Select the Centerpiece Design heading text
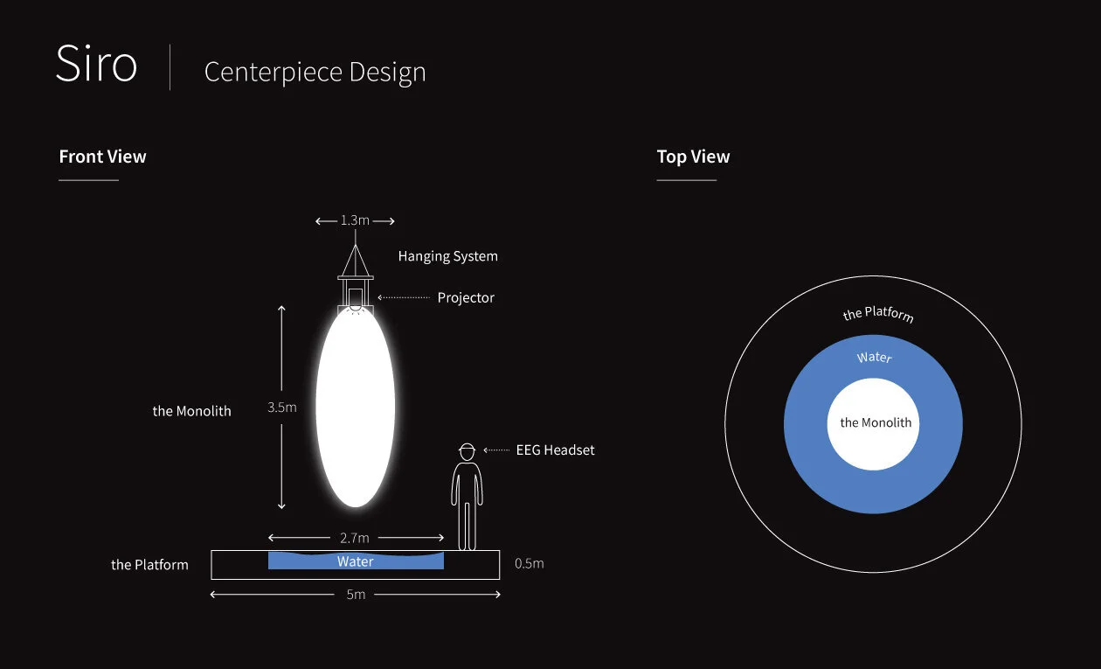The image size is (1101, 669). pos(315,72)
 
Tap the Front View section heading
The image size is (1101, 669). pos(102,157)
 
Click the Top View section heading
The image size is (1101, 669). pos(693,157)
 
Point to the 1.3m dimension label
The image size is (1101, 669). pos(355,220)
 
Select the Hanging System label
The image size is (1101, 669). pos(447,256)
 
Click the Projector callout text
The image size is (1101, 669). pos(466,297)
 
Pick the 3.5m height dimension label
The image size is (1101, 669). pos(282,407)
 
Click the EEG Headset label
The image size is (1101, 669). pos(555,450)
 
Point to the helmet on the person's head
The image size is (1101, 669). pos(467,450)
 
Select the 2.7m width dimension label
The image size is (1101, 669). pos(354,537)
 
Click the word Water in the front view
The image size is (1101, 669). pos(356,561)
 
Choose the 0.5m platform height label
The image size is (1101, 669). pos(529,563)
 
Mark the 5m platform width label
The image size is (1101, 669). pos(355,595)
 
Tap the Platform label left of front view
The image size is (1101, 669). pos(149,565)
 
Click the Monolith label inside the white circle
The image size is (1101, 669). pos(876,423)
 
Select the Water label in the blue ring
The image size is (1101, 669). pos(875,358)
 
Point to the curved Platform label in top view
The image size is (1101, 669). pos(878,313)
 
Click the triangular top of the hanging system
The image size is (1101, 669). pos(355,261)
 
